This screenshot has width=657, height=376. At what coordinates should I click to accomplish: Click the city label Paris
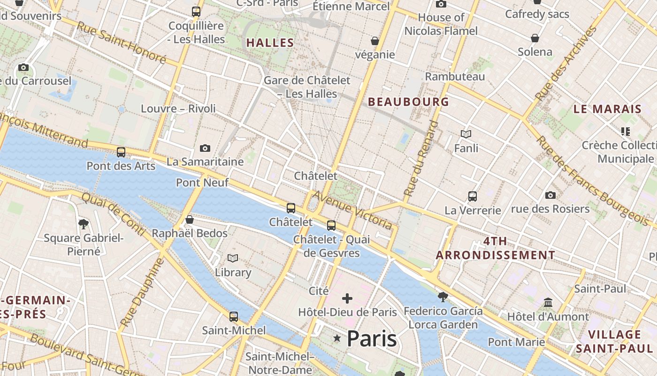pos(372,338)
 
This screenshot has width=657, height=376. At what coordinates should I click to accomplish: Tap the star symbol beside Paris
pos(337,338)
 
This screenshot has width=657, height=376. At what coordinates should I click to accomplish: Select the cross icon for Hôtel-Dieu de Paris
pos(347,298)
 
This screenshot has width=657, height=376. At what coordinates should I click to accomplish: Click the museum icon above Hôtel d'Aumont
pos(548,302)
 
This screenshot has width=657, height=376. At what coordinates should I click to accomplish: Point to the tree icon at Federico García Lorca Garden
pos(443,297)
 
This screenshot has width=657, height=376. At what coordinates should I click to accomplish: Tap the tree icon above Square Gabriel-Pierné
pos(84,224)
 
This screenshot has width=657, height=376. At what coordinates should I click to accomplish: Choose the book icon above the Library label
pos(233,258)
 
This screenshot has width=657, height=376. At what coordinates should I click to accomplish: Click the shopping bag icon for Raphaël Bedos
pos(190,219)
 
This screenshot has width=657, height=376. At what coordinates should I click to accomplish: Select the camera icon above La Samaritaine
pos(205,148)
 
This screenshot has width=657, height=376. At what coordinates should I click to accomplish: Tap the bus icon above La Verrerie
pos(473,196)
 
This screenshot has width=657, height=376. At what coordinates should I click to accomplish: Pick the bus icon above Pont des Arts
pos(121,152)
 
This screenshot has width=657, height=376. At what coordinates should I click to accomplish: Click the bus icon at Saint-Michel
pos(234,317)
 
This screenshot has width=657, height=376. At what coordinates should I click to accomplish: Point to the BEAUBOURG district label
pos(408,102)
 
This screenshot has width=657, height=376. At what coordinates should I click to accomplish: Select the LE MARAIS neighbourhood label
pos(607,109)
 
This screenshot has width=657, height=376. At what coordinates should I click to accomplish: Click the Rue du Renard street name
pos(420,158)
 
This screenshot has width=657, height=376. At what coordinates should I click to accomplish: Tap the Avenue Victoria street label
pos(352,210)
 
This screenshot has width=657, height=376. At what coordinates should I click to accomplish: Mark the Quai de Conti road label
pos(113,215)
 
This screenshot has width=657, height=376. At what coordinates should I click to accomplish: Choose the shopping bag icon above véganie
pos(375,41)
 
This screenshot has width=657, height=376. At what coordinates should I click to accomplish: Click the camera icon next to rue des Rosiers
pos(550,195)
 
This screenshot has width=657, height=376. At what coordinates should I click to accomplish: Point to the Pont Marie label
pos(516,342)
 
